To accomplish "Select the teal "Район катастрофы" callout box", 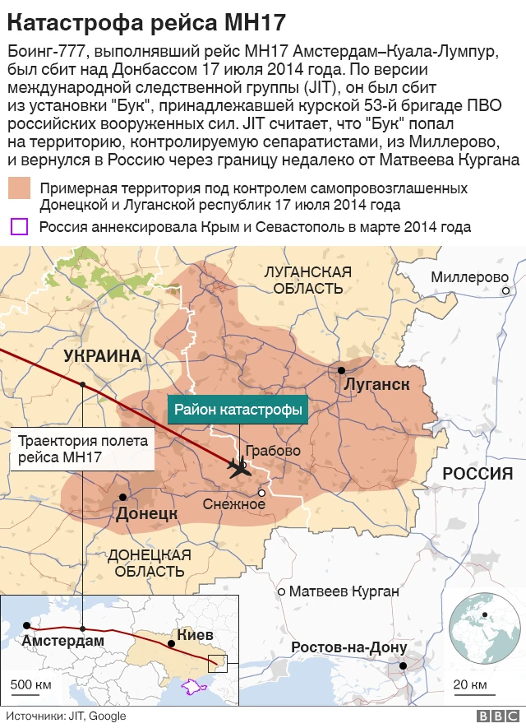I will point(238,409).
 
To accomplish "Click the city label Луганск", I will point(378,386).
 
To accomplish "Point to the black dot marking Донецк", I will point(122,498).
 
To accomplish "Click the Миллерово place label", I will point(469,276).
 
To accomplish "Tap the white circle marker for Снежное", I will point(261,494).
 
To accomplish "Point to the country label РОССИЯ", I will point(478,475).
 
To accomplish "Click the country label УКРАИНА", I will point(103,356).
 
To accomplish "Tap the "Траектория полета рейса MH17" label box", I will point(83,448).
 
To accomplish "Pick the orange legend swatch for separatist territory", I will point(21,188).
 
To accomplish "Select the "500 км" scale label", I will point(32,684).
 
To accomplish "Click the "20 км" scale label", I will point(469,684).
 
